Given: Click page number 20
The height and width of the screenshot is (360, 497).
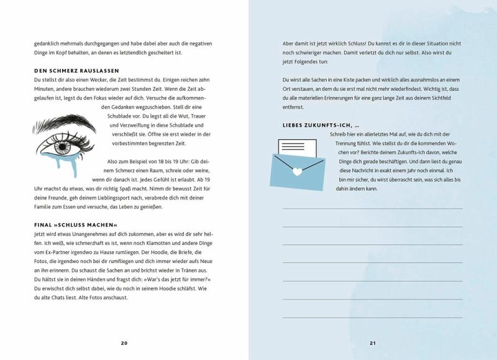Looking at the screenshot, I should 124,343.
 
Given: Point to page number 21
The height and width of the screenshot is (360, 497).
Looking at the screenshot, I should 373,343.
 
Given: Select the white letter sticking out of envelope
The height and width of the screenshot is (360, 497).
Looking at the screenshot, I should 299,147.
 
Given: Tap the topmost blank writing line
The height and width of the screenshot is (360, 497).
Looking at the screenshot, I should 373,208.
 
